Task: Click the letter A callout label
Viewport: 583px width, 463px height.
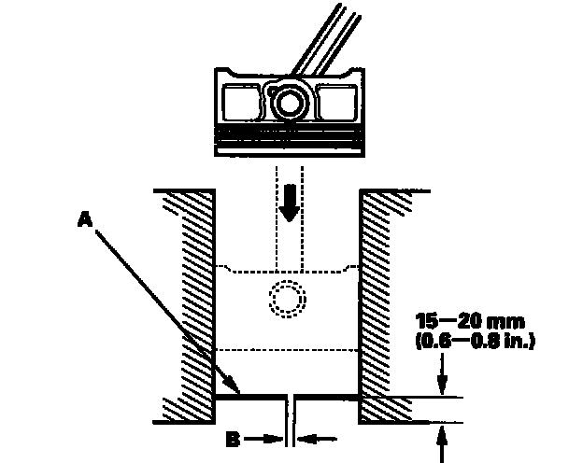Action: pos(84,217)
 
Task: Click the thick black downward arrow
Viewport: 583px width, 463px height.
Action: pos(291,203)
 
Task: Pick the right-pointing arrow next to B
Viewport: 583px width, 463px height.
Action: pos(271,435)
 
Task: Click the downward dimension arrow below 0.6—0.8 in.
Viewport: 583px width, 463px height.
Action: pos(441,378)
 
